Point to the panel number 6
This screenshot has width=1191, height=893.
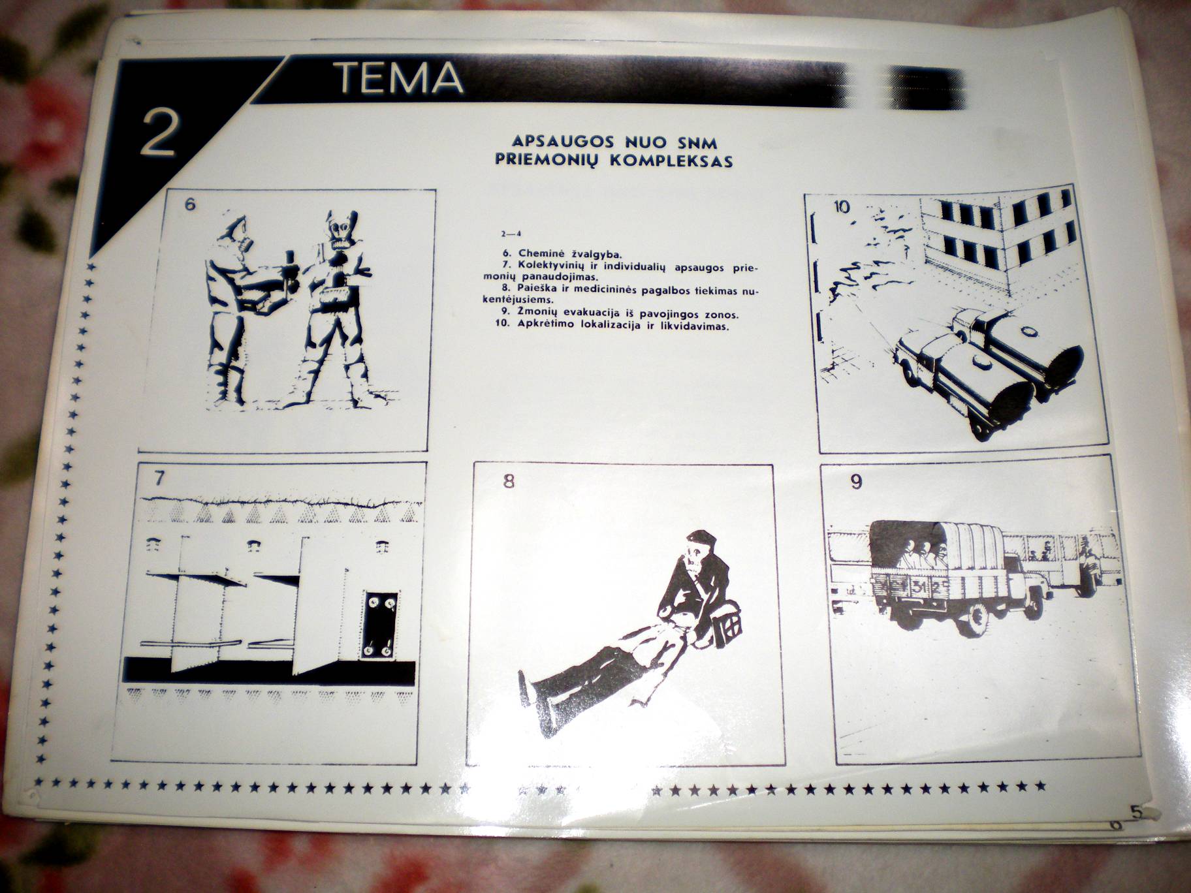(x=189, y=204)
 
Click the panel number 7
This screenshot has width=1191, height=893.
(x=158, y=478)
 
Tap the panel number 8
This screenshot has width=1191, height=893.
(x=509, y=482)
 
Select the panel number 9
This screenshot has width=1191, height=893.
(x=857, y=482)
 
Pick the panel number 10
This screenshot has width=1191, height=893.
(x=842, y=208)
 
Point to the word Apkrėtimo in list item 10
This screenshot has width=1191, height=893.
(x=546, y=324)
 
